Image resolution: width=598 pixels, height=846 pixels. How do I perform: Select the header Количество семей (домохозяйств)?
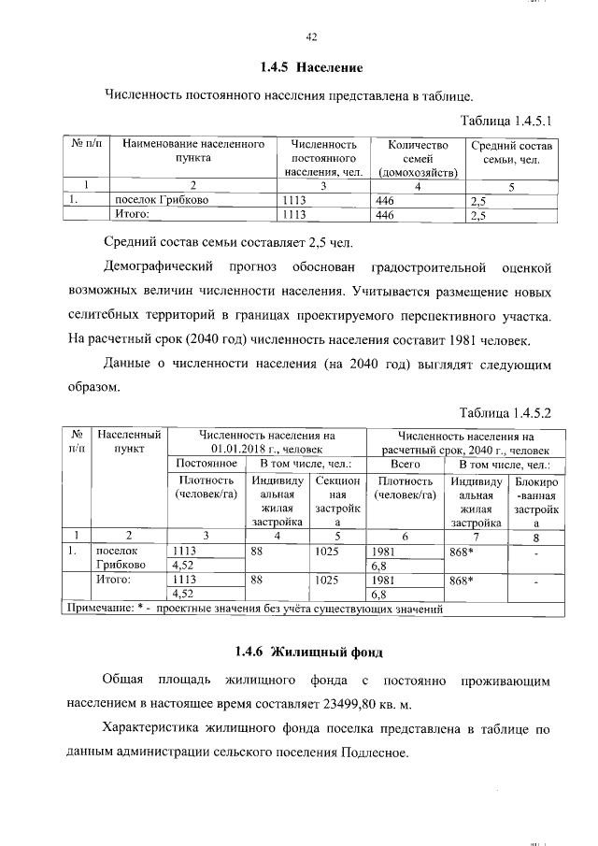(412, 159)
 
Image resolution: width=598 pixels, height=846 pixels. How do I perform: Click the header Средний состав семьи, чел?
(512, 152)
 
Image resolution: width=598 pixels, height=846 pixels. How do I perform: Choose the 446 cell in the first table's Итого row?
(385, 215)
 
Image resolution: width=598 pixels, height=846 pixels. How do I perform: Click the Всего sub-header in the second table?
(405, 465)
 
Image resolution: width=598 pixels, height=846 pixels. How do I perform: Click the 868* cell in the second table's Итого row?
(463, 581)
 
